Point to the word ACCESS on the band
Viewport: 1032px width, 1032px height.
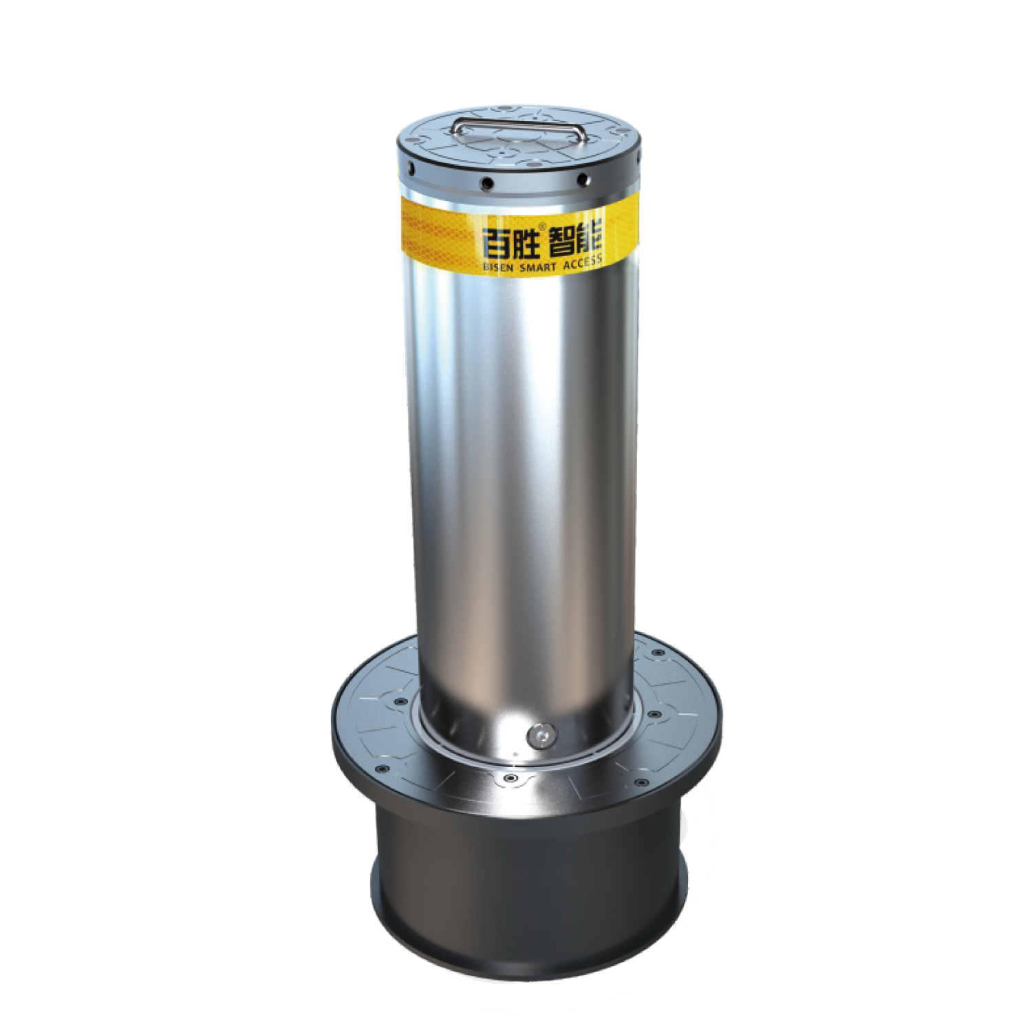tap(582, 262)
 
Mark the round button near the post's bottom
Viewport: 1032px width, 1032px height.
tap(541, 735)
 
